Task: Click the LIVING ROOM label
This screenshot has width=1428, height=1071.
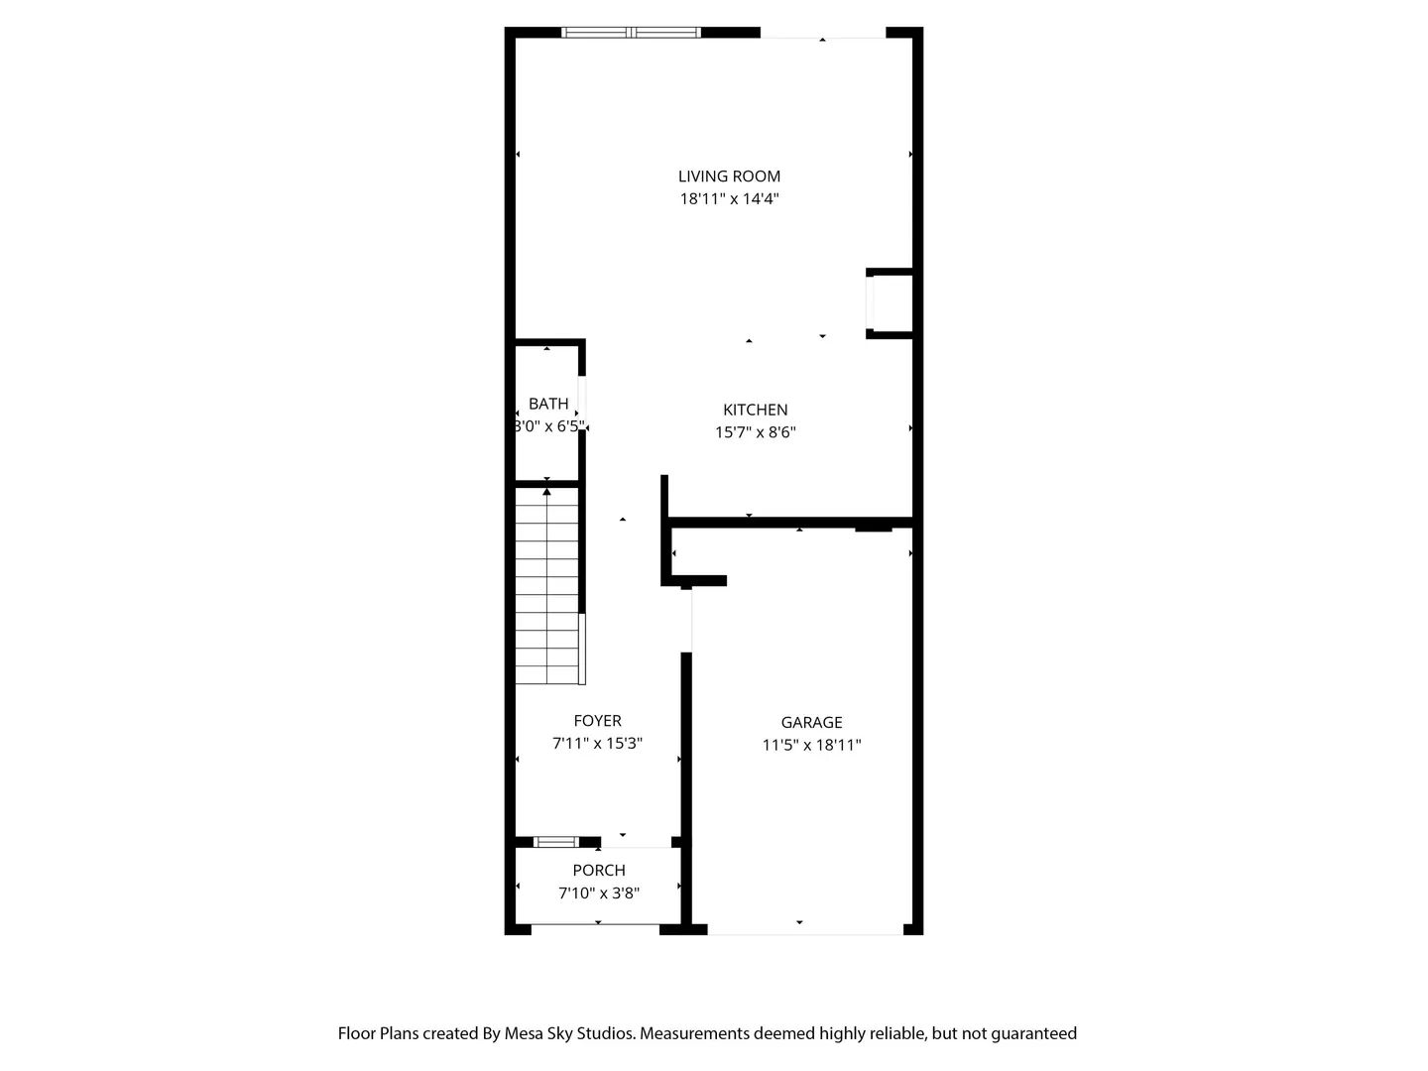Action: [x=729, y=177]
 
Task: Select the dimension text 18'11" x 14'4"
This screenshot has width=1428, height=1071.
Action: [x=729, y=199]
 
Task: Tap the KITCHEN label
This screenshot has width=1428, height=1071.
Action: [x=755, y=410]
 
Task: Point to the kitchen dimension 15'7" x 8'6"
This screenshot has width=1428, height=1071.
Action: [x=755, y=432]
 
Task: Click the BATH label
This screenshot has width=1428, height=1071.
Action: [x=547, y=404]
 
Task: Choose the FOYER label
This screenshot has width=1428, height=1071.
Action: [x=597, y=721]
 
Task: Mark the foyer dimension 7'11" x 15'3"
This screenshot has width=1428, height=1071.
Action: [x=597, y=744]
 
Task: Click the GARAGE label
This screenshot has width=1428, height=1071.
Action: [x=811, y=723]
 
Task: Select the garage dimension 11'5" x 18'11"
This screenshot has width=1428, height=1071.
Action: [x=811, y=745]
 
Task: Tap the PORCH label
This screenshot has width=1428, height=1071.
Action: [x=599, y=870]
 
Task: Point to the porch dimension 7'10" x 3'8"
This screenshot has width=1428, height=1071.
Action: [x=599, y=892]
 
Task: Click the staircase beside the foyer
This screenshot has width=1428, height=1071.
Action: [x=547, y=586]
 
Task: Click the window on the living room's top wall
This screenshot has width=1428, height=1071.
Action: [x=631, y=33]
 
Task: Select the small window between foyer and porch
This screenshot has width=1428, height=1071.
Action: [x=555, y=842]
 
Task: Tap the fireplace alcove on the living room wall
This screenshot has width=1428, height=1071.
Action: [x=889, y=303]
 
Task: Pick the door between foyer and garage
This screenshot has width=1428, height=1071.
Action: [x=688, y=620]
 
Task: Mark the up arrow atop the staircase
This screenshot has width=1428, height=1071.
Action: [x=546, y=492]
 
